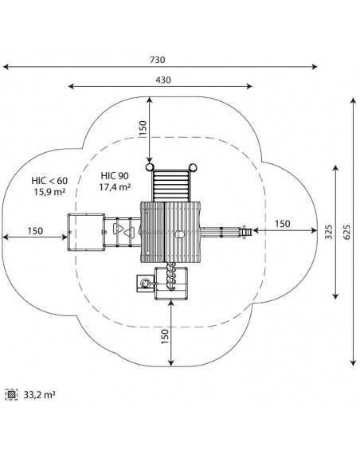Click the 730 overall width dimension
tap(158, 60)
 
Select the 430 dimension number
tap(163, 80)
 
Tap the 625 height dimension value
tap(346, 232)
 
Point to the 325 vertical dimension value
tap(329, 232)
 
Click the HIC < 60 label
tap(49, 181)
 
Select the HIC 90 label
tap(115, 175)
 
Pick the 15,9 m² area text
tap(49, 192)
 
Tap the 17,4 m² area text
tap(115, 187)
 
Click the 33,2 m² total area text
tap(39, 395)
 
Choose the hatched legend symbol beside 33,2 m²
tap(11, 394)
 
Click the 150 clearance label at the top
tap(143, 128)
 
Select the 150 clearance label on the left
tap(35, 231)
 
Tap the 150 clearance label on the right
tap(282, 224)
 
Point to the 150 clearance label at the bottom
tap(165, 336)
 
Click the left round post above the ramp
tap(149, 167)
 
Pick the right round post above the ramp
tap(193, 167)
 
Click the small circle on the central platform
tap(181, 234)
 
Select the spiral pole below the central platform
tap(171, 276)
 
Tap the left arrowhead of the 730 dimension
tap(6, 67)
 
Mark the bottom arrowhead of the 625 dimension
tap(354, 363)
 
